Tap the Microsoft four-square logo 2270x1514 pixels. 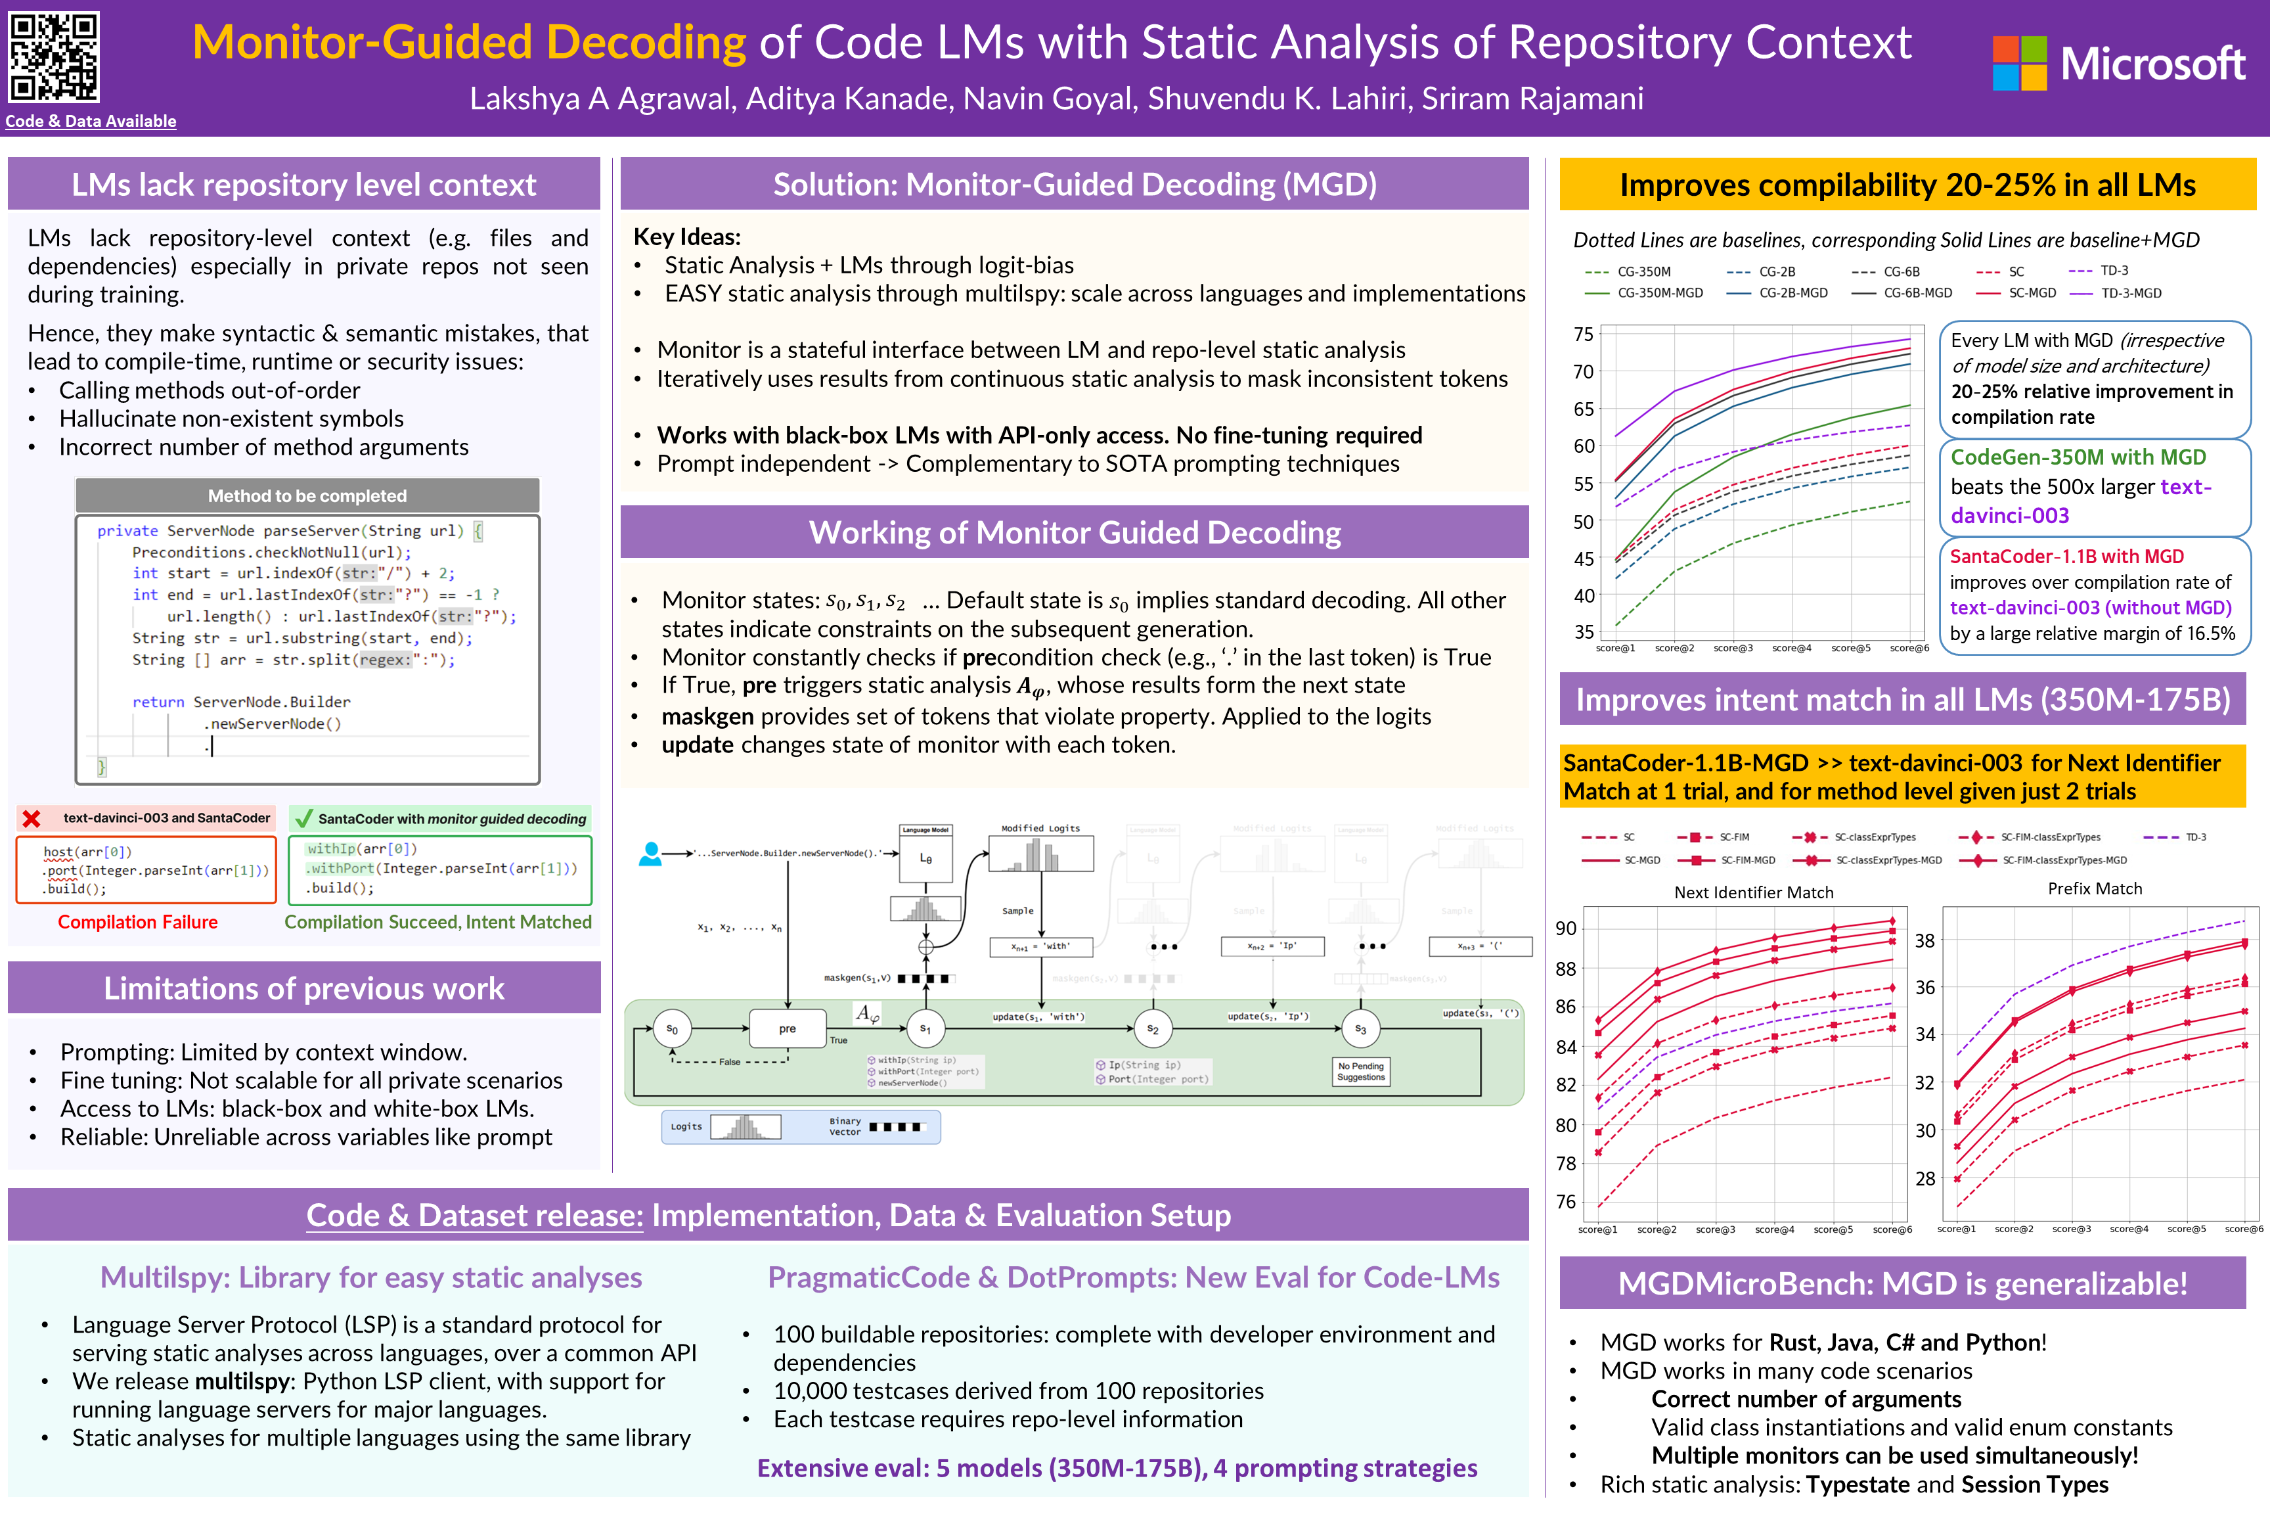click(2019, 64)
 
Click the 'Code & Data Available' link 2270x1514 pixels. click(91, 121)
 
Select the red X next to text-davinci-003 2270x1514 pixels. click(32, 819)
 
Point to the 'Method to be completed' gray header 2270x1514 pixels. click(307, 495)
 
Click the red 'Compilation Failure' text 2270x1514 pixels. click(138, 922)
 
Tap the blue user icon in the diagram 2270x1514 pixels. click(650, 854)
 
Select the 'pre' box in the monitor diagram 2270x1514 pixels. click(788, 1028)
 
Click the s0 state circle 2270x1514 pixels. click(672, 1029)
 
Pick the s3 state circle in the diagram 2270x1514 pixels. click(1360, 1029)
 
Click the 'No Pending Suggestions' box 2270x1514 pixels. click(1361, 1072)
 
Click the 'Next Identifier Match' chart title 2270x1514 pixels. click(1754, 892)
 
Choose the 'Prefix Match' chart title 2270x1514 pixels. click(2095, 888)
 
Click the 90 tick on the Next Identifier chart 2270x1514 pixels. click(1565, 929)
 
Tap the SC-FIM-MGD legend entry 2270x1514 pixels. click(1727, 860)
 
